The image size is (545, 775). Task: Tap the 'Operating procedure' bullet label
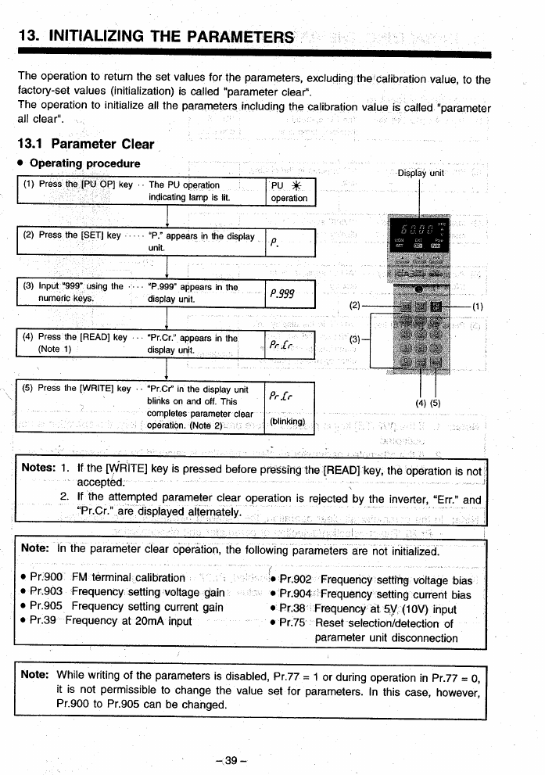[84, 163]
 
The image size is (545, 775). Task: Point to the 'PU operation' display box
[289, 192]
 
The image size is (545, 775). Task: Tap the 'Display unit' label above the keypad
[421, 173]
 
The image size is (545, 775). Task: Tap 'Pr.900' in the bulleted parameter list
[48, 578]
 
